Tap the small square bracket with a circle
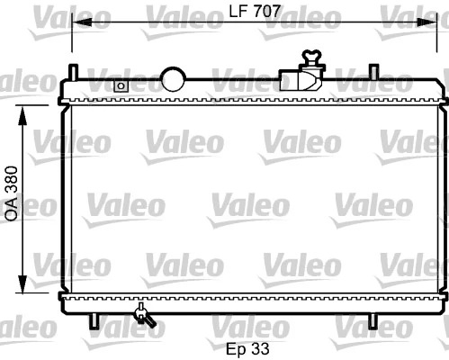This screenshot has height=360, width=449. point(120,85)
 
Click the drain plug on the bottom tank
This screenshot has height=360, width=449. point(142,314)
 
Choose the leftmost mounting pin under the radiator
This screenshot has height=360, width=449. point(94,319)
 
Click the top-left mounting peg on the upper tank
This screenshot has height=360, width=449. point(76,70)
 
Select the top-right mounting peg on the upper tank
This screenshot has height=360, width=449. point(373,70)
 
